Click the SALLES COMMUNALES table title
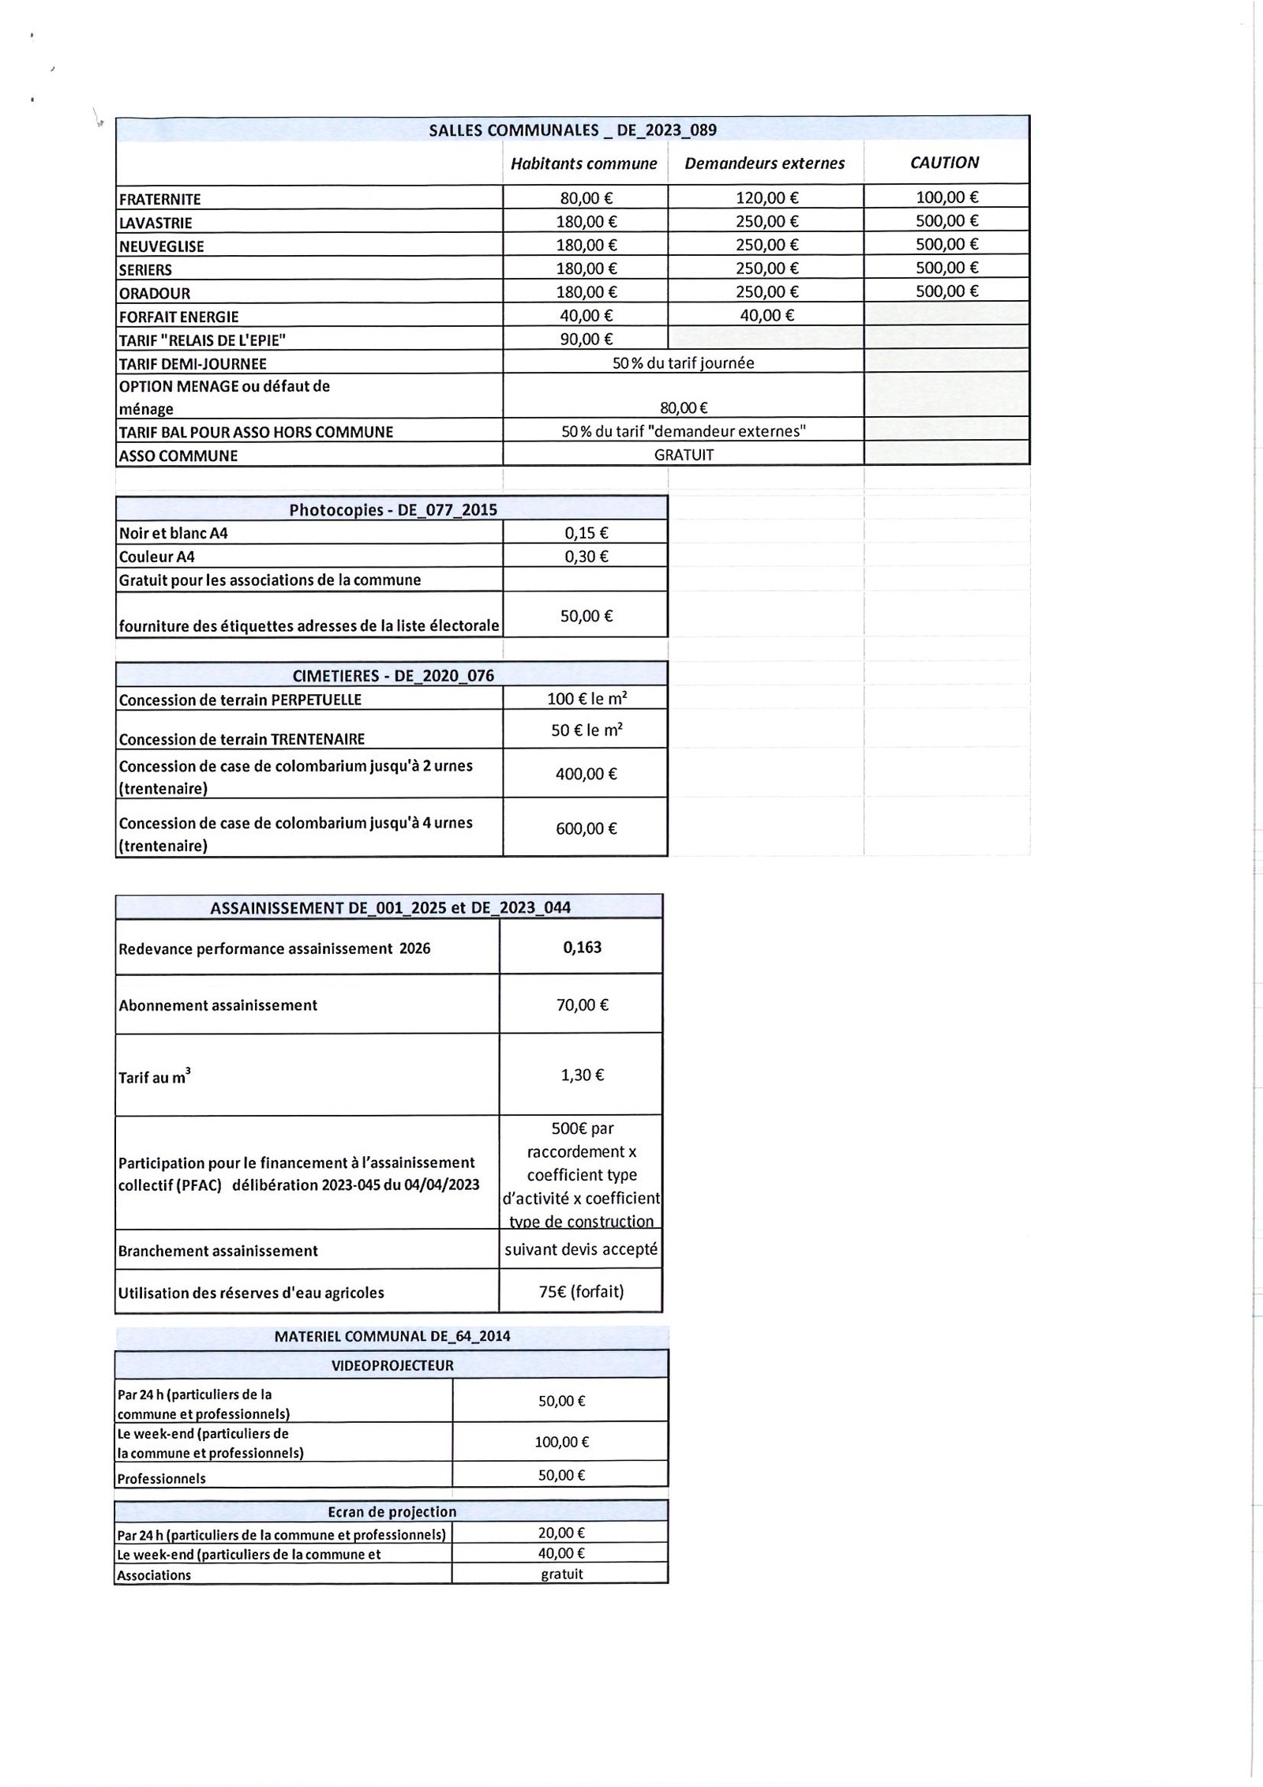[x=572, y=130]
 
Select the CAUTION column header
[x=944, y=163]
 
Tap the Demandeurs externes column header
[x=764, y=163]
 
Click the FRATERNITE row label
[x=160, y=199]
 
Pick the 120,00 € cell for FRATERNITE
[x=766, y=198]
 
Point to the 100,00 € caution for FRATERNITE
[x=946, y=197]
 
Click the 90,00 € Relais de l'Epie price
[x=586, y=340]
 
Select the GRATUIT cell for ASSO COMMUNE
[x=684, y=455]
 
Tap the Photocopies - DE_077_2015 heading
[x=392, y=509]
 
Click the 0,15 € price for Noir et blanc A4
[x=586, y=533]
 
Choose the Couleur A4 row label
[x=157, y=557]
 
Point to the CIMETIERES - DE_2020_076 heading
[x=392, y=675]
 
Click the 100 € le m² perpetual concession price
[x=587, y=698]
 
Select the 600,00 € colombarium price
[x=586, y=828]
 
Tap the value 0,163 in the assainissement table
[x=582, y=947]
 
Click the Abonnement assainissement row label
[x=218, y=1005]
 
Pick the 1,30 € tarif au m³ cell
[x=582, y=1075]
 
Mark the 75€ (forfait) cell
[x=581, y=1291]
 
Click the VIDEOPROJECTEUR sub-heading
[x=392, y=1365]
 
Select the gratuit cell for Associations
[x=561, y=1574]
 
